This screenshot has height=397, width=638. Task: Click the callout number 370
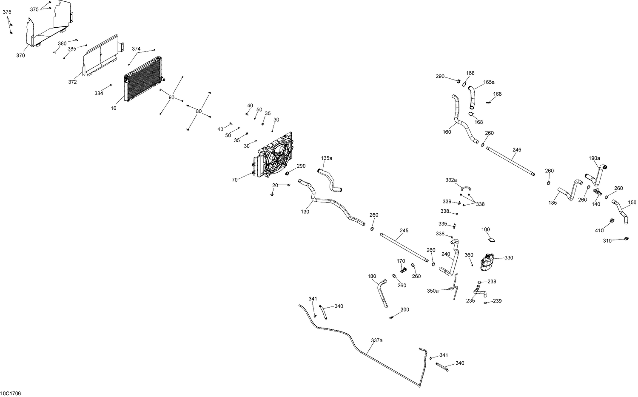coord(20,55)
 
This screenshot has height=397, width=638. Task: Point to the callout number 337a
coord(376,340)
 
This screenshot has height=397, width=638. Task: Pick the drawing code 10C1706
coord(11,394)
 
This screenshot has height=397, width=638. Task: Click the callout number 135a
coord(327,158)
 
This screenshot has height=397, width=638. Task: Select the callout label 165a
coord(489,82)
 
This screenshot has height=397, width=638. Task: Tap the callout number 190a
coord(594,158)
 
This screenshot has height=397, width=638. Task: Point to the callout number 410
coord(599,231)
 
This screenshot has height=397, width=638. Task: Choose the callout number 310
coord(607,241)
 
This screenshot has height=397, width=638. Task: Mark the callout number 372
coord(72,82)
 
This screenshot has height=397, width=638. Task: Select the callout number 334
coord(99,93)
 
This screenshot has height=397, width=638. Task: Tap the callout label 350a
coord(433,291)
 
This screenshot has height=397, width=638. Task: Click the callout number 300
coord(404,310)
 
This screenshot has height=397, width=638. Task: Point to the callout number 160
coord(447,132)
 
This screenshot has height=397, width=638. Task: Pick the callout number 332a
coord(451,180)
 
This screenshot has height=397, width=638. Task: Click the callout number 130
coord(305,211)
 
